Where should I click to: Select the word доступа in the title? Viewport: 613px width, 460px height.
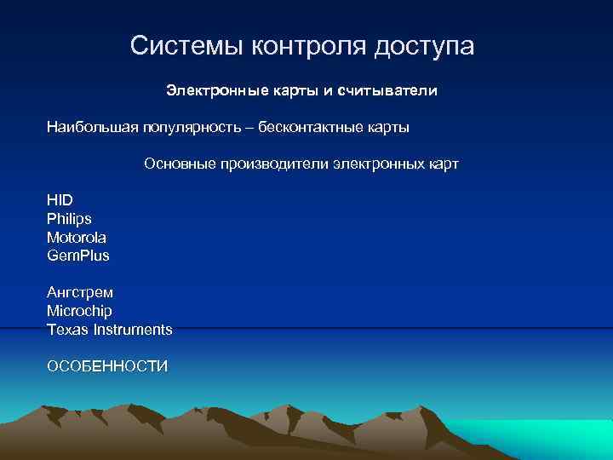(x=423, y=46)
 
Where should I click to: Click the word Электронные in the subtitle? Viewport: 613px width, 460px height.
(x=209, y=89)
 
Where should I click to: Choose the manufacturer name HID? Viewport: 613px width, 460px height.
(x=60, y=200)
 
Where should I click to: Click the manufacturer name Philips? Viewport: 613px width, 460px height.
(x=69, y=219)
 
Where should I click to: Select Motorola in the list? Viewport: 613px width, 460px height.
(x=77, y=237)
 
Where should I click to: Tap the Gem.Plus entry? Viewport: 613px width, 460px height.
(x=78, y=256)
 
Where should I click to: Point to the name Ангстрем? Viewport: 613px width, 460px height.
(x=80, y=292)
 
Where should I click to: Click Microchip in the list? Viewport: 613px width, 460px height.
(x=79, y=311)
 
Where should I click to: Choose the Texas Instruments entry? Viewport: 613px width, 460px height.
(x=110, y=329)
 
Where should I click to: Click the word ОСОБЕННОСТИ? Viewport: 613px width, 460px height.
(x=107, y=366)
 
